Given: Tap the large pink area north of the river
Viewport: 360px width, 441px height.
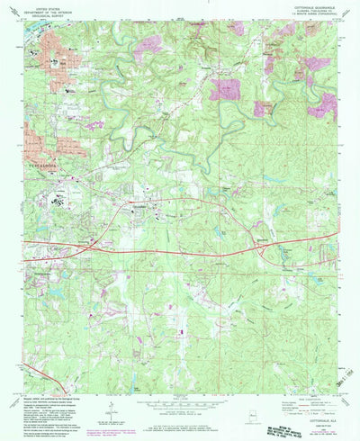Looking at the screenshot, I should [x=225, y=89].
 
